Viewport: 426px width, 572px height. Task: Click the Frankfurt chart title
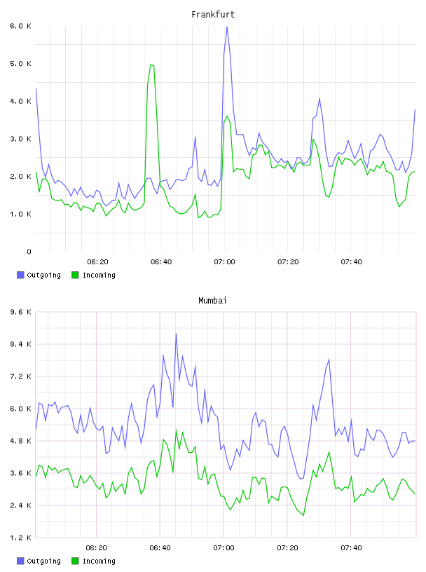tap(213, 15)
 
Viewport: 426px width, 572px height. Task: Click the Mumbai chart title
tap(212, 301)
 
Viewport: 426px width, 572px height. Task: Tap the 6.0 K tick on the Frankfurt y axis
tap(20, 26)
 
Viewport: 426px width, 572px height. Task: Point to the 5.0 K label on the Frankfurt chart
tap(20, 64)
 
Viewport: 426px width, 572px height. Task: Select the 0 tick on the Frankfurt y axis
tap(29, 252)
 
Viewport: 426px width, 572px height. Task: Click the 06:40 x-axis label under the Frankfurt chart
tap(161, 262)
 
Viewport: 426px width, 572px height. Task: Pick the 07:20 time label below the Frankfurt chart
tap(288, 262)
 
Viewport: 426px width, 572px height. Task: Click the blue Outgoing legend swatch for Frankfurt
tap(20, 275)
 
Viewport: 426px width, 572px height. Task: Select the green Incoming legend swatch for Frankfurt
tap(75, 275)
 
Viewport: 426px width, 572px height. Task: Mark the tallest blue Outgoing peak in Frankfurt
tap(227, 27)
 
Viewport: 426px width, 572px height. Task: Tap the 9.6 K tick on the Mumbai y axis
tap(20, 312)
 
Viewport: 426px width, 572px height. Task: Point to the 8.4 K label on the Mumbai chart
tap(20, 344)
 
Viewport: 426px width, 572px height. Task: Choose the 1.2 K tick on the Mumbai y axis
tap(20, 538)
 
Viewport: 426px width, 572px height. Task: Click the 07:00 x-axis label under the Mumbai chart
tap(224, 548)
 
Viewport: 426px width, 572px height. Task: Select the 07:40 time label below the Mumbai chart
tap(351, 548)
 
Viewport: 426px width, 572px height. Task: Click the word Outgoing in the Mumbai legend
tap(43, 561)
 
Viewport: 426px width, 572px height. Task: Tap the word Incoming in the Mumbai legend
tap(99, 561)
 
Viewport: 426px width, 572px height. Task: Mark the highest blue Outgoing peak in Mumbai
tap(176, 334)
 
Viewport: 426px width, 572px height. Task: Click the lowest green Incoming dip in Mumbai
tap(303, 515)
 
